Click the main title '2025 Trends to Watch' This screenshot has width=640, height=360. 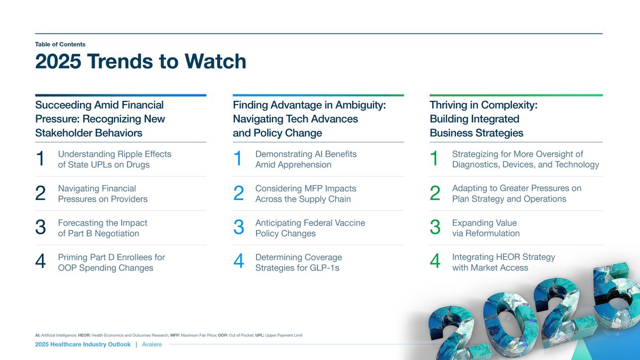(x=141, y=62)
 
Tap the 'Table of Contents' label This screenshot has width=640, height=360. (x=60, y=44)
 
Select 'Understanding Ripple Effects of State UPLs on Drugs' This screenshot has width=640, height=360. (x=114, y=159)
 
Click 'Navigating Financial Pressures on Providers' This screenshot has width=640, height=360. (x=102, y=194)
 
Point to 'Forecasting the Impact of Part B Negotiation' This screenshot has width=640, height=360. (x=102, y=228)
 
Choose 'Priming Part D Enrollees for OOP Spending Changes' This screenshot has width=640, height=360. (x=111, y=262)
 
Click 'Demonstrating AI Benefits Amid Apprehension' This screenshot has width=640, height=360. (x=306, y=159)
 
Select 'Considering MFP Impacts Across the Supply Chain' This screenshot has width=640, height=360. (x=306, y=194)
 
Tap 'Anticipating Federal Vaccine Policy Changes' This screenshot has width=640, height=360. (x=310, y=228)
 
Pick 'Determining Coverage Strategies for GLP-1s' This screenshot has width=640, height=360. (x=298, y=262)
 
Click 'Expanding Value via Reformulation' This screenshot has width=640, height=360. (x=485, y=228)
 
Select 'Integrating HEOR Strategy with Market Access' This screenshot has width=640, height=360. (x=503, y=262)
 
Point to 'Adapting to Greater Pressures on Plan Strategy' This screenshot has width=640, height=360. (x=516, y=194)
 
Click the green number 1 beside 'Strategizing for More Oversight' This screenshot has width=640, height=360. (x=435, y=159)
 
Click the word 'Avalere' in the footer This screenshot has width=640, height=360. (x=151, y=345)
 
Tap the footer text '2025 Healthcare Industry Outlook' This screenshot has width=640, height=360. (x=83, y=345)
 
